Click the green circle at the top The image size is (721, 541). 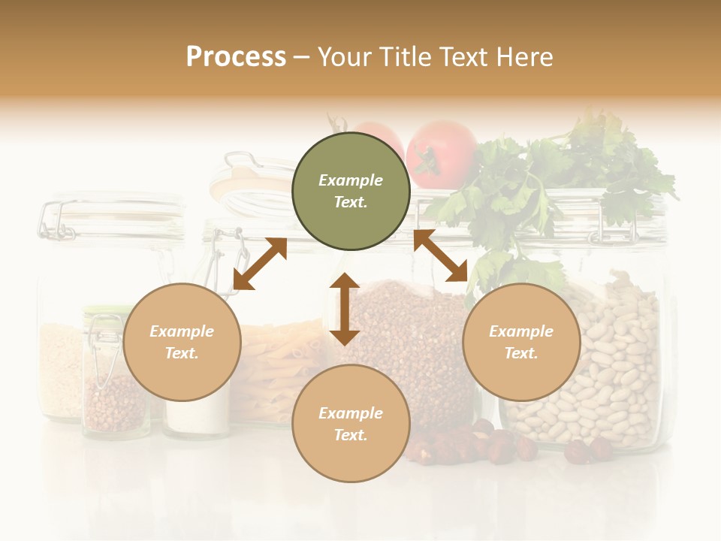(x=351, y=191)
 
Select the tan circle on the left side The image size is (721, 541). (x=182, y=342)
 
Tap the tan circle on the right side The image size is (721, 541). (x=521, y=342)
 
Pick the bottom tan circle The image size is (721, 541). (x=351, y=423)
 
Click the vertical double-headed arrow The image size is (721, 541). (x=345, y=309)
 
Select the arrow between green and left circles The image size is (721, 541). (x=260, y=264)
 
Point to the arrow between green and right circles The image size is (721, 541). (x=440, y=255)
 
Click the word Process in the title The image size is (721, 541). (x=236, y=56)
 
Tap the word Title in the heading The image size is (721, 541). (x=406, y=56)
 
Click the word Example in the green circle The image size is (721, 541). (x=351, y=180)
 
